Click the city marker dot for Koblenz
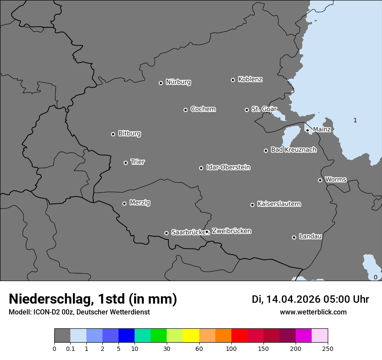click(x=233, y=80)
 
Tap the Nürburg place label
click(x=178, y=82)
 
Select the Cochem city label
click(x=203, y=109)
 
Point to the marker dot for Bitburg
click(x=113, y=134)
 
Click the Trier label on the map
click(x=138, y=162)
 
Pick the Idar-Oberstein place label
click(x=228, y=167)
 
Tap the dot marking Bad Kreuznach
click(x=266, y=151)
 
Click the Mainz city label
click(x=322, y=129)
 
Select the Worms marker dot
click(x=320, y=180)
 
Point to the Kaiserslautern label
click(x=279, y=204)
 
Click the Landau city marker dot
click(x=294, y=237)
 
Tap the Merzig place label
click(x=140, y=203)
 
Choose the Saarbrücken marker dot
click(x=166, y=233)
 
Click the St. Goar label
click(x=264, y=109)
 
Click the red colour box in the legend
click(x=239, y=336)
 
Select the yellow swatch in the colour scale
click(x=191, y=336)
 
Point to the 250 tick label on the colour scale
click(x=328, y=348)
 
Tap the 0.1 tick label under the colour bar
click(x=70, y=348)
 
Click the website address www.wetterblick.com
click(x=313, y=312)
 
